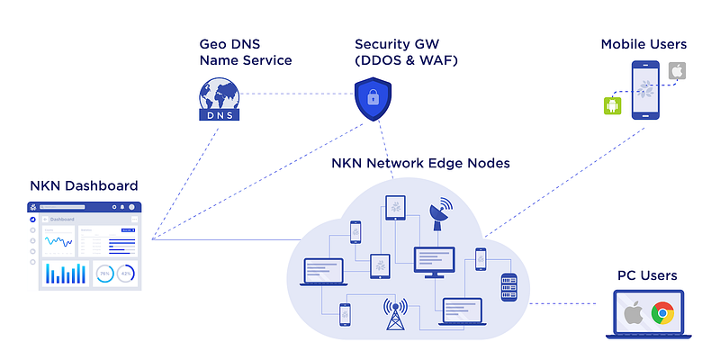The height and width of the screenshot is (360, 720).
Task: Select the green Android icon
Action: point(613,106)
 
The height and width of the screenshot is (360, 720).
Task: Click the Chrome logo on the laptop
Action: point(663,313)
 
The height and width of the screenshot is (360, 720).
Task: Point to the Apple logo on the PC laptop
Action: point(634,313)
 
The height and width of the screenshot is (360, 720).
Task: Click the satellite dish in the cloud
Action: point(441,215)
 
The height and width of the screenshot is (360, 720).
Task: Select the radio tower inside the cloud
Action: point(392,314)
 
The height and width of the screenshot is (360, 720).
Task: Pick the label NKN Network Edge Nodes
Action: point(420,164)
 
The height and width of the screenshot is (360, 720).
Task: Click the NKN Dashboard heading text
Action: point(84,186)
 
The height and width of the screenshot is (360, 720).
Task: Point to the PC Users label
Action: point(647,275)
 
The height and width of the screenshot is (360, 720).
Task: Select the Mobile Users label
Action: point(643,44)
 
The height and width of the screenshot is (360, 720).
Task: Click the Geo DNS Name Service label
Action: point(245,52)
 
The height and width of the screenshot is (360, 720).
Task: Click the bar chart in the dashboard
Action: point(67,273)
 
